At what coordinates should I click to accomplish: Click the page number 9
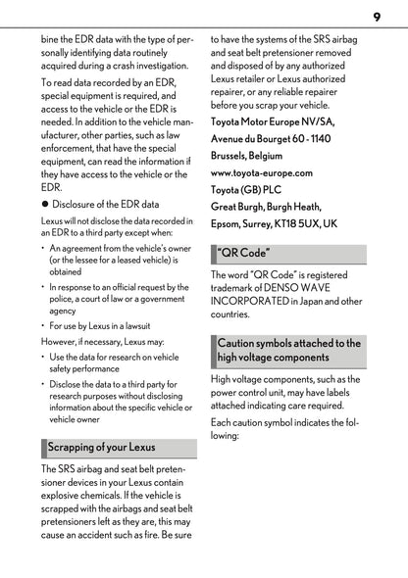(x=376, y=16)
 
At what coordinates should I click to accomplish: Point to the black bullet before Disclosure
(x=44, y=205)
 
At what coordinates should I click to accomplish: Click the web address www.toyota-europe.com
(x=262, y=172)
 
